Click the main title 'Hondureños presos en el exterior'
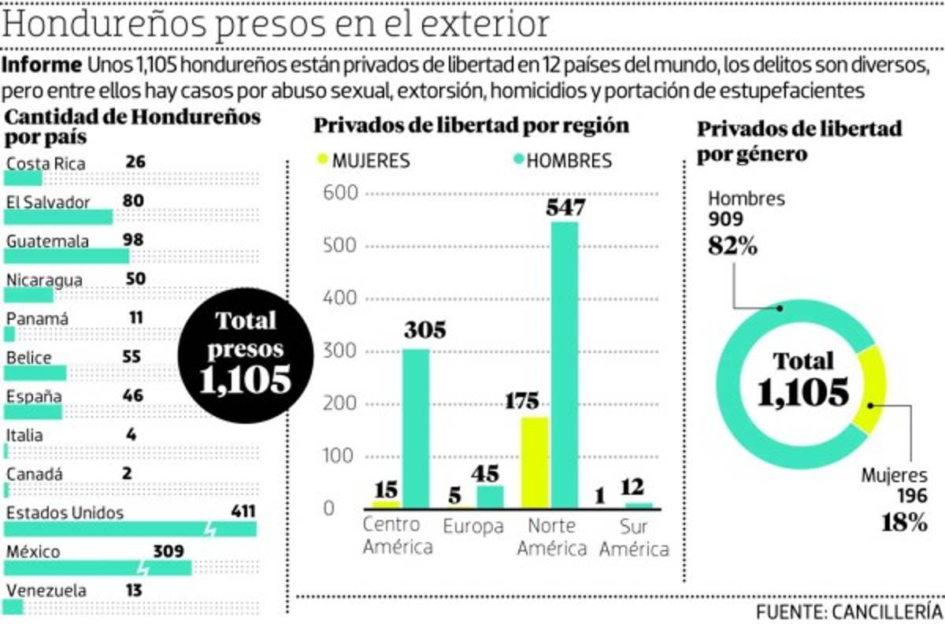[276, 25]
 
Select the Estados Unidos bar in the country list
[130, 529]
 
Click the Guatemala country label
[47, 241]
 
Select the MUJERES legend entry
[363, 161]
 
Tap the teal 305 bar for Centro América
[416, 428]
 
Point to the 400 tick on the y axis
[340, 299]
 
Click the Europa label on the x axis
[472, 526]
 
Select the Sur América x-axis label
[634, 537]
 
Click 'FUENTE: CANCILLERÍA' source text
[849, 611]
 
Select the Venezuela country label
[46, 591]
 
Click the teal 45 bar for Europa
[490, 496]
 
